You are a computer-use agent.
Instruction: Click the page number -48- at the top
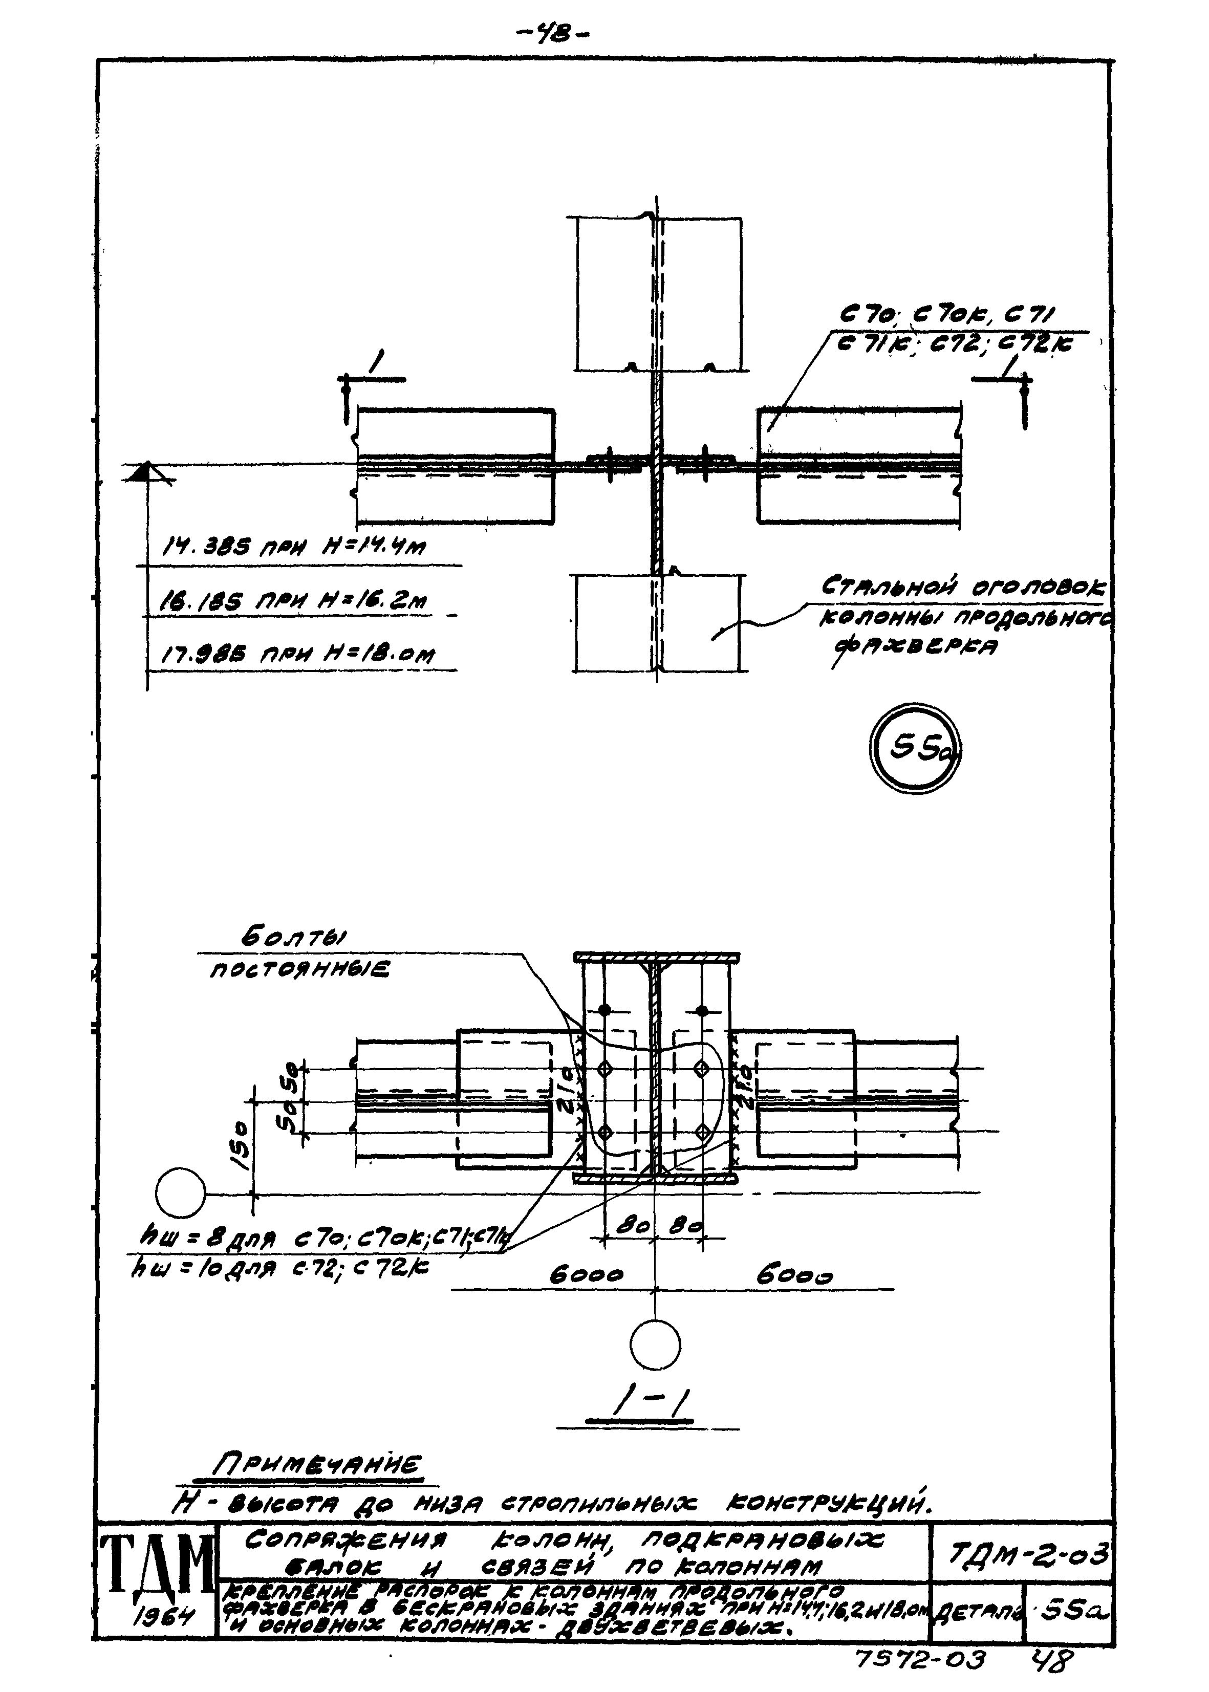[552, 33]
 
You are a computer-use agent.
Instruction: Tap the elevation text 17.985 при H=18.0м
[298, 654]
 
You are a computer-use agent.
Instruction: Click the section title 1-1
[647, 1406]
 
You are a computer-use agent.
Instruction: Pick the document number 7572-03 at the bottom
[921, 1659]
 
